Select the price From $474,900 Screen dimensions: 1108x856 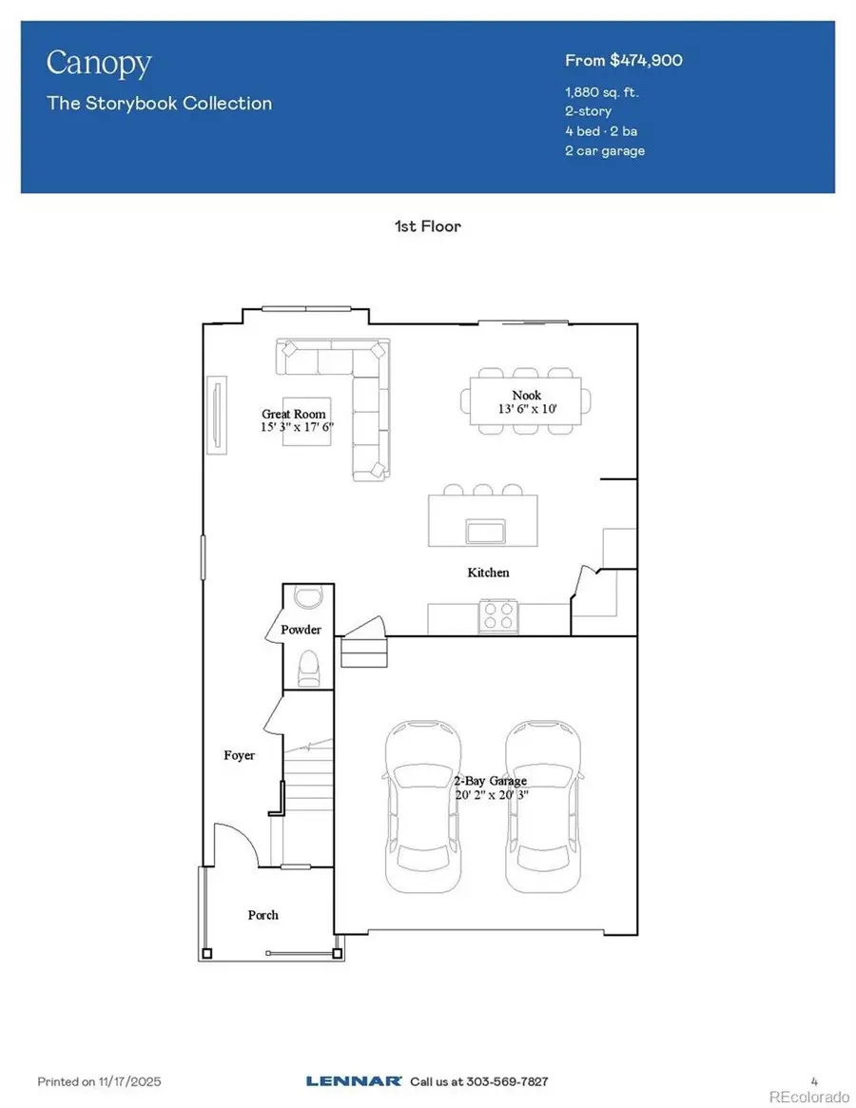pos(623,61)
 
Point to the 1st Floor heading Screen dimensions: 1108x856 pos(428,226)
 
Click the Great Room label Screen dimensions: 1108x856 pos(295,414)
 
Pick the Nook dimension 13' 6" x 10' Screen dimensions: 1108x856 pos(527,409)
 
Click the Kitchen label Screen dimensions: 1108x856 pos(488,573)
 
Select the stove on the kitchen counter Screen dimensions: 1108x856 pos(498,614)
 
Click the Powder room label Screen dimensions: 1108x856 pos(301,630)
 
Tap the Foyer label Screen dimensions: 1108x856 pos(240,755)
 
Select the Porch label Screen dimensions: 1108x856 pos(263,915)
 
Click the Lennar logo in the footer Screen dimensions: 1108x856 pos(347,1081)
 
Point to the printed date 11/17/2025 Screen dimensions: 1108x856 pos(134,1081)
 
